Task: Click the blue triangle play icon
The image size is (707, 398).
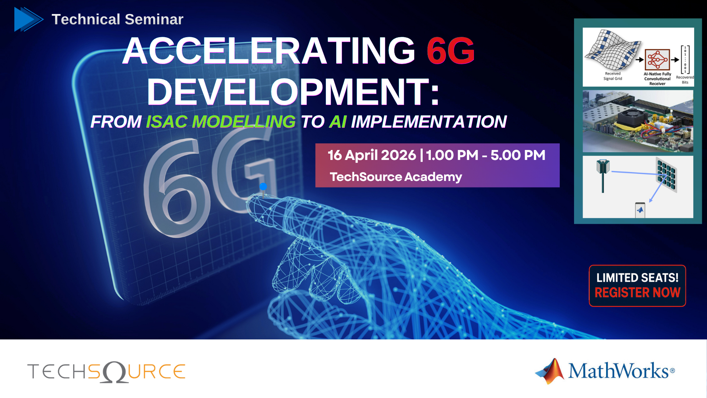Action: click(27, 19)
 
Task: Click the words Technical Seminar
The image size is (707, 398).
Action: click(117, 19)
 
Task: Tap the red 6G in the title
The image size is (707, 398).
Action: click(451, 50)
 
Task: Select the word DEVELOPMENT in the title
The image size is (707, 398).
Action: click(293, 92)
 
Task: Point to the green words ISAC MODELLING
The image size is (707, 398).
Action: click(221, 122)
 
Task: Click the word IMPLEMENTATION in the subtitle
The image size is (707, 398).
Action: click(429, 122)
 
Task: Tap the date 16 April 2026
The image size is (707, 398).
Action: click(372, 155)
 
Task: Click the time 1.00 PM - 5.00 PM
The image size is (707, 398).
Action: click(486, 155)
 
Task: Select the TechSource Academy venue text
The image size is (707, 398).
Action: click(396, 177)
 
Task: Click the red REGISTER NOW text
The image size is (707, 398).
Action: click(637, 293)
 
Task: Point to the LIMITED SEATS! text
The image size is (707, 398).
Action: click(637, 277)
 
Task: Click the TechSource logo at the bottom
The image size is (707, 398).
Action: click(106, 371)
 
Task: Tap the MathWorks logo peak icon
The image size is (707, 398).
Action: click(551, 371)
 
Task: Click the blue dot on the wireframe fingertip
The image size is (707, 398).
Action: click(263, 186)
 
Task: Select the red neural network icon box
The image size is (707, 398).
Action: click(657, 59)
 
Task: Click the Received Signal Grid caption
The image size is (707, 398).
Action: click(613, 76)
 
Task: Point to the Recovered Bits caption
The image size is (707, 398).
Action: click(685, 80)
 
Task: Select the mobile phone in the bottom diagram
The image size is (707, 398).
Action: click(640, 210)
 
